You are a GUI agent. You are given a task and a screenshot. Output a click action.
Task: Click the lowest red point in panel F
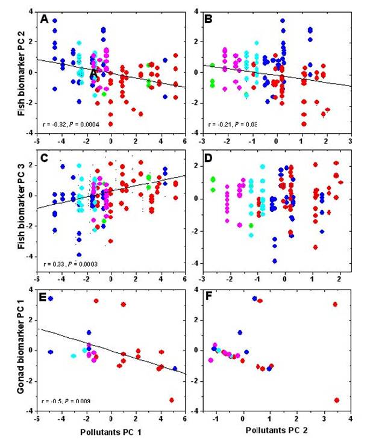pos(337,400)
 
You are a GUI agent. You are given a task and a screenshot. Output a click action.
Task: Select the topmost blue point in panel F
pos(254,299)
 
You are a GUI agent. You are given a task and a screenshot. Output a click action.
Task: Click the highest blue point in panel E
pos(51,299)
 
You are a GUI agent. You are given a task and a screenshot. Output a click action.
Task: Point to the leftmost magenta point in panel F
pos(211,360)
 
